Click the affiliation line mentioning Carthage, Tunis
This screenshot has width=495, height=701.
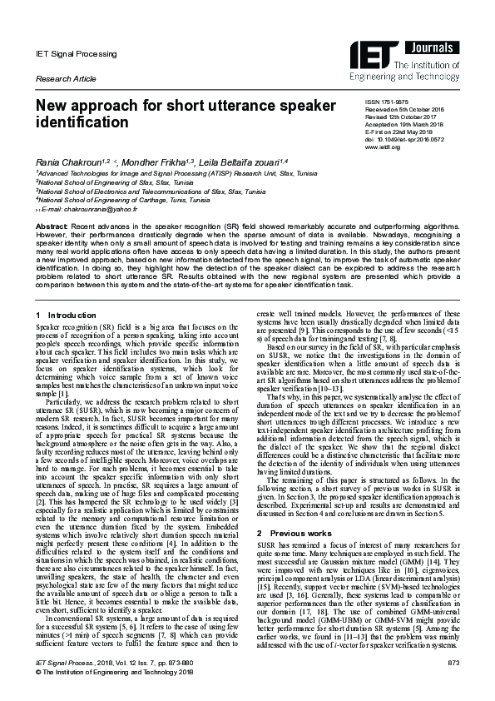[122, 201]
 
